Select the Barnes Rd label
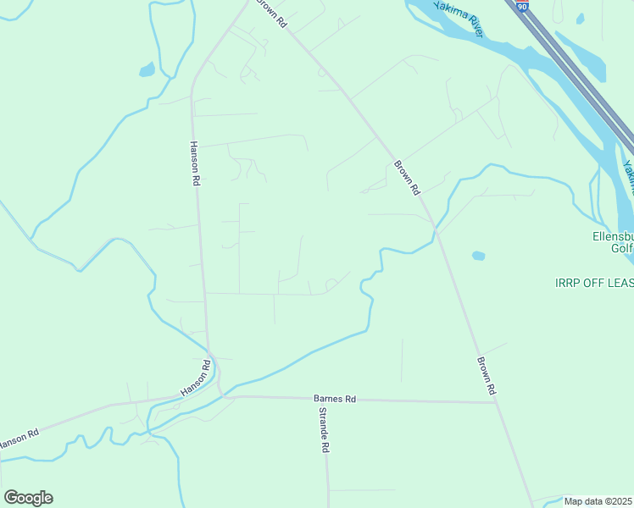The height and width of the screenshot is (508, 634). [x=335, y=398]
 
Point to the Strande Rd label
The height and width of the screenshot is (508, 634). [x=324, y=430]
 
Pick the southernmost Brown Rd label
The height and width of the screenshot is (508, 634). [x=485, y=376]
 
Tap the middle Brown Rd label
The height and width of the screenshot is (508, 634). [x=407, y=178]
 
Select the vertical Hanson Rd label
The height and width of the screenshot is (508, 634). [x=194, y=163]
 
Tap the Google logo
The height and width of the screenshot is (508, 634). [x=28, y=498]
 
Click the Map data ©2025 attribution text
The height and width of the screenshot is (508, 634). [x=598, y=501]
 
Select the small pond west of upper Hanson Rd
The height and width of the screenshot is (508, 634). [x=147, y=69]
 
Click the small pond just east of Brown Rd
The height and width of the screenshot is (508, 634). [x=479, y=255]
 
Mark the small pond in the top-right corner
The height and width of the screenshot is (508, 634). [x=580, y=18]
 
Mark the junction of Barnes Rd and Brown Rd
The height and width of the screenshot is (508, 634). [x=496, y=402]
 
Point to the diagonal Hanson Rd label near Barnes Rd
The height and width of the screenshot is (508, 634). [x=195, y=377]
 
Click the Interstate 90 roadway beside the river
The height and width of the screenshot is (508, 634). [x=576, y=76]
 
